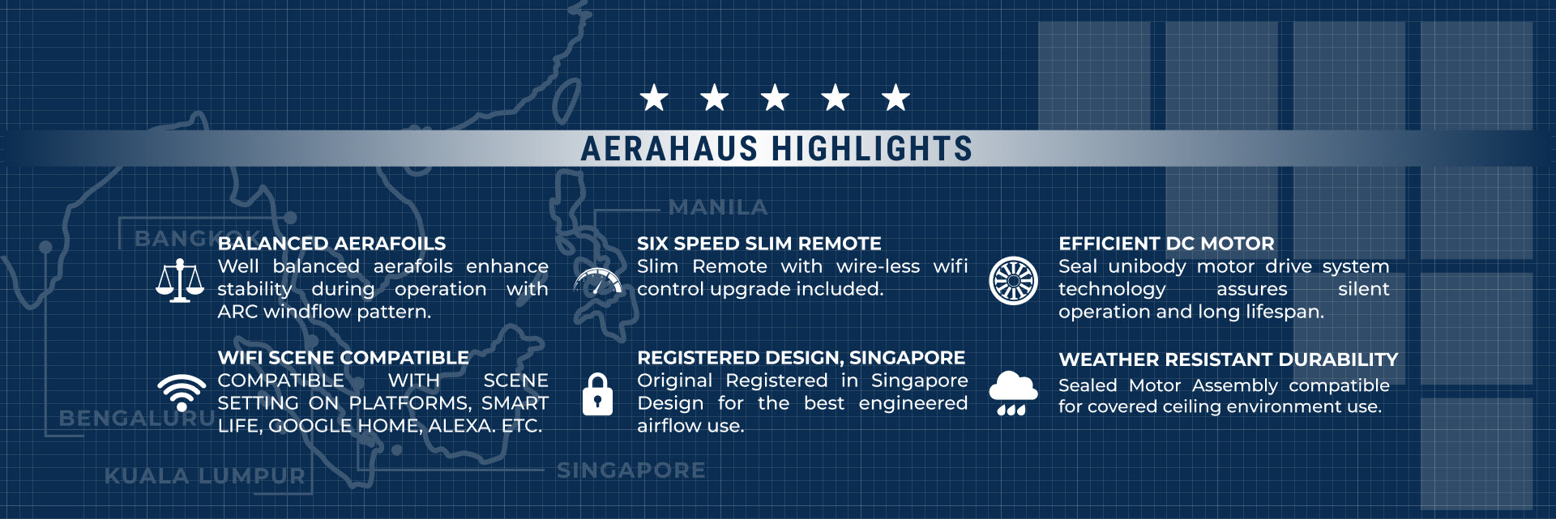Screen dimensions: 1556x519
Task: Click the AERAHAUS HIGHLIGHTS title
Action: (776, 149)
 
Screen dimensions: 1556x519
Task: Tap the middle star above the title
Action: (775, 98)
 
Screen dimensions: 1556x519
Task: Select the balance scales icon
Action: (180, 281)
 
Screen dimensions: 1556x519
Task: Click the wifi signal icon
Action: (182, 393)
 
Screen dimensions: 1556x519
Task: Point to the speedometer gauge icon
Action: (598, 281)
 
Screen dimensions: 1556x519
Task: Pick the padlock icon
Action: (597, 394)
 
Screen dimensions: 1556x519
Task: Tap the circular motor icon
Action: (1013, 281)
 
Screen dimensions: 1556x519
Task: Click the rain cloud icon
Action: (1013, 394)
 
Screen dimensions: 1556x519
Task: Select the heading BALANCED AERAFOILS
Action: (331, 244)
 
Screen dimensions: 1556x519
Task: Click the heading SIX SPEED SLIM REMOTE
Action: (759, 244)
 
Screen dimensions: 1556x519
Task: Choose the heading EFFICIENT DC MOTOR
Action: (1166, 244)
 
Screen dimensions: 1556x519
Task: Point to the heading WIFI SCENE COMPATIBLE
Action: (343, 358)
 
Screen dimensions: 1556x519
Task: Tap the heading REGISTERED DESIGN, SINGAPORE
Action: (801, 358)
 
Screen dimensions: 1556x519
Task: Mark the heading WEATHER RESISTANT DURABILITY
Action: (1229, 359)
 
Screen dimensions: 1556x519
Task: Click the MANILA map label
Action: (718, 208)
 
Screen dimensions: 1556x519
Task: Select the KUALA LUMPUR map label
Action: (205, 476)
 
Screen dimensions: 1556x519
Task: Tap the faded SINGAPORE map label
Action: (631, 470)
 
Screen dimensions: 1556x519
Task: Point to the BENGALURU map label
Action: (136, 419)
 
